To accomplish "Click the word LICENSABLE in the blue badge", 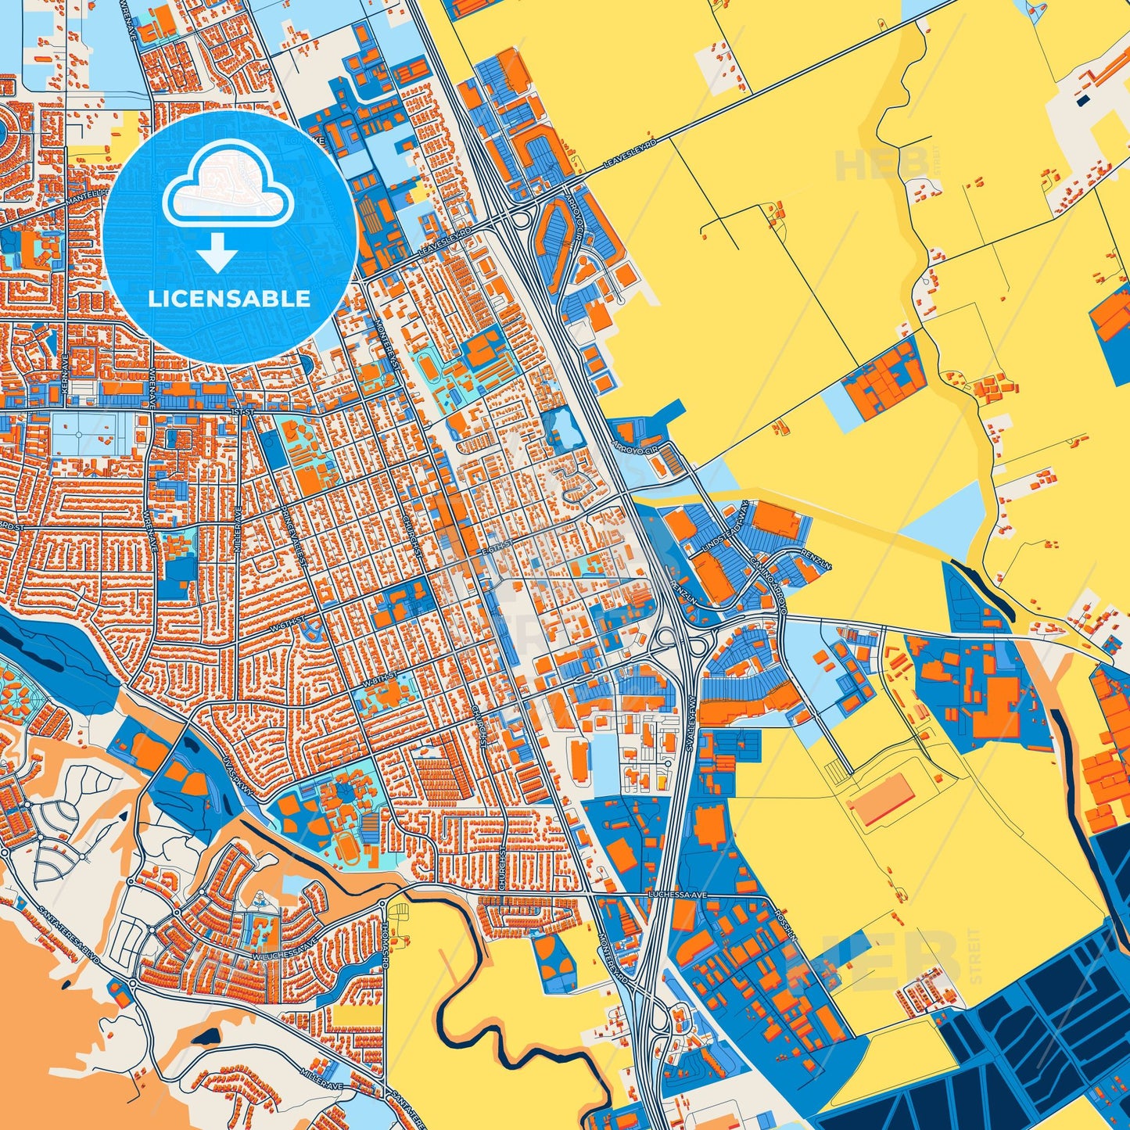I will pyautogui.click(x=229, y=299).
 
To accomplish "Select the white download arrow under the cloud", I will pyautogui.click(x=217, y=253).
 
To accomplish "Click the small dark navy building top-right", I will pyautogui.click(x=1083, y=100).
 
